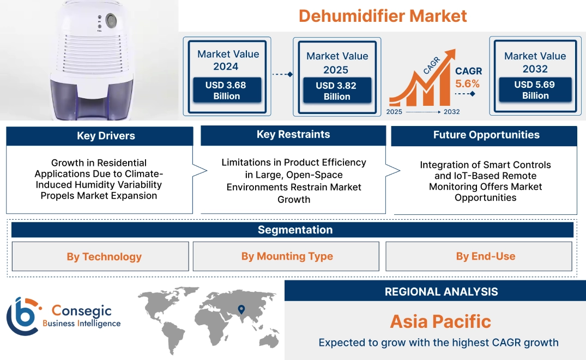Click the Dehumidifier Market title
pos(383,15)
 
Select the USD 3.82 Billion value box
pos(337,91)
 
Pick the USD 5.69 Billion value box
pos(535,90)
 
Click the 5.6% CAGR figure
pos(467,83)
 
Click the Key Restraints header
pos(293,135)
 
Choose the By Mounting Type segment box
pos(287,256)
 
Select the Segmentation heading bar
pos(295,230)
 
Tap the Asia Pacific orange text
pos(440,321)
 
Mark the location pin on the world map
pos(240,310)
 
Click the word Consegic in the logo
pos(81,311)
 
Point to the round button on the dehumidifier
pos(111,21)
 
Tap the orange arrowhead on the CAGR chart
pos(450,55)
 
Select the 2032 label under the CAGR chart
pos(451,112)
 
